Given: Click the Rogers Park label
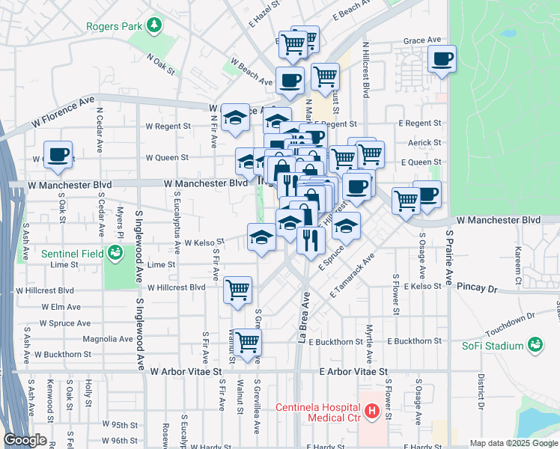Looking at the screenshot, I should (x=114, y=26).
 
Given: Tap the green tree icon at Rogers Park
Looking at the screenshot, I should (x=154, y=26).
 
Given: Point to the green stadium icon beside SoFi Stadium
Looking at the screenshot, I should (x=535, y=345).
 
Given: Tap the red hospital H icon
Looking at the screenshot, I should (x=371, y=410).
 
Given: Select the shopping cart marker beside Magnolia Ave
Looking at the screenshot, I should (x=247, y=342).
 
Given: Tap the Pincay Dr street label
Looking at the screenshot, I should (x=476, y=287).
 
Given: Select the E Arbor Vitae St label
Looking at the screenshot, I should (x=353, y=371).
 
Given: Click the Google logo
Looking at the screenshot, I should (x=25, y=441).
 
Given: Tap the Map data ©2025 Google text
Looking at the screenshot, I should (x=513, y=443).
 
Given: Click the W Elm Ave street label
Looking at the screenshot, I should (x=61, y=307).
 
